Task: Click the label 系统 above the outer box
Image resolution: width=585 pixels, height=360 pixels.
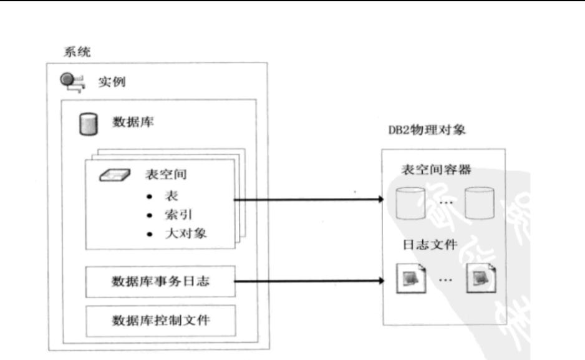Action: (77, 52)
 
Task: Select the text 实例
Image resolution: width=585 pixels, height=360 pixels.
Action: (112, 82)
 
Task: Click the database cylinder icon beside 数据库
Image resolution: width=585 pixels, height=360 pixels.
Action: (87, 123)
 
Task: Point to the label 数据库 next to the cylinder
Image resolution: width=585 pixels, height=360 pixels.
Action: (133, 122)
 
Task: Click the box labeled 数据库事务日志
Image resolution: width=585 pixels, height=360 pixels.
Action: (160, 281)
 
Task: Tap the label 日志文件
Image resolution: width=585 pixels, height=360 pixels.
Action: (430, 245)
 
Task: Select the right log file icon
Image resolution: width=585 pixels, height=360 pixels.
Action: (482, 279)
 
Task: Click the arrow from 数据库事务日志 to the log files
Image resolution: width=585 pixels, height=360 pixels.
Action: (309, 280)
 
